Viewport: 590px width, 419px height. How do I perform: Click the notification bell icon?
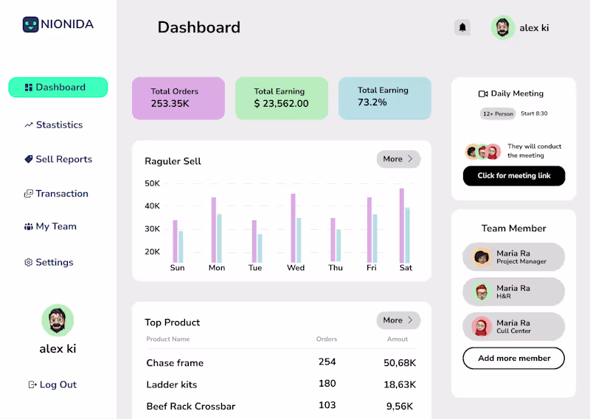tap(462, 28)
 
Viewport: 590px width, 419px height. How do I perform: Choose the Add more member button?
tap(513, 359)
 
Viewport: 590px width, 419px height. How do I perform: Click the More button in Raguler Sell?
tap(398, 159)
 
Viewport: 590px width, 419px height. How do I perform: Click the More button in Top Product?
tap(398, 320)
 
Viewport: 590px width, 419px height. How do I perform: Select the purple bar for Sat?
tap(402, 225)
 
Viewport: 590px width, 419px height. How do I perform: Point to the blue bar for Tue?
tap(260, 248)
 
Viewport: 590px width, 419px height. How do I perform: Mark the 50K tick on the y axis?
tap(152, 183)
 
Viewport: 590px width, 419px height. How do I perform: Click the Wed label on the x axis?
tap(296, 268)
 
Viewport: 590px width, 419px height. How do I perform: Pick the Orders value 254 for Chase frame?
tap(327, 362)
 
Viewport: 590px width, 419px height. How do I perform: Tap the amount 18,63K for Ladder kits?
tap(400, 384)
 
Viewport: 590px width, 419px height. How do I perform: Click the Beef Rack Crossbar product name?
tap(191, 406)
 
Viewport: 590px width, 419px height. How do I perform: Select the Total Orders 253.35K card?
tap(178, 98)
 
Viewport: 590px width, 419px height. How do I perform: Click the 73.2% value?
tap(372, 102)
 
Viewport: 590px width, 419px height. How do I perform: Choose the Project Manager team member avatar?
tap(482, 258)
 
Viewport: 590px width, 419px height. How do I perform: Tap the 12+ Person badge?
tap(498, 114)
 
